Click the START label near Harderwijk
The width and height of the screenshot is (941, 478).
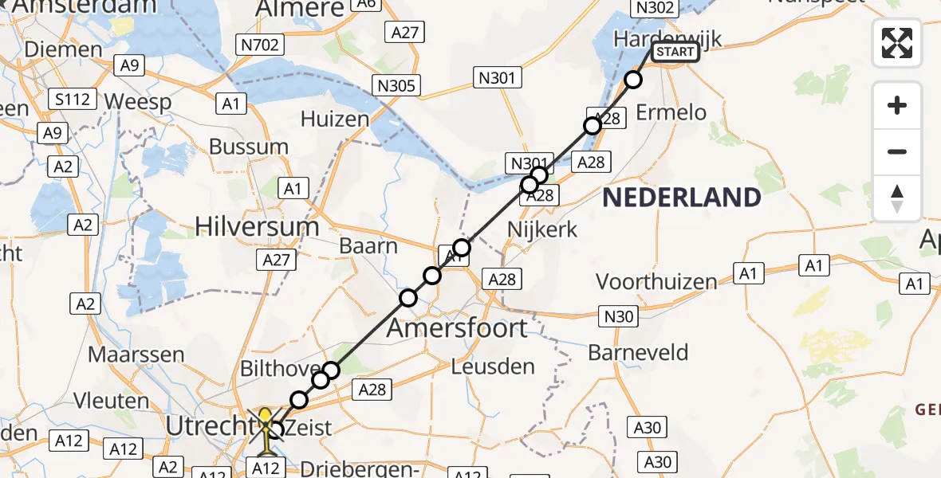tap(675, 53)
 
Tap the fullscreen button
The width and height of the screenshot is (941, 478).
tap(897, 43)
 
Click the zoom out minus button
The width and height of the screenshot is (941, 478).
tap(897, 151)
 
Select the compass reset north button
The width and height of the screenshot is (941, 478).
tap(897, 198)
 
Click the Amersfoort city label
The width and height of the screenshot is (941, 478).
tap(457, 327)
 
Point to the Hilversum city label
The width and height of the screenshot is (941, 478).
tap(257, 227)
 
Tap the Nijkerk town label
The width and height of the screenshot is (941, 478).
tap(542, 230)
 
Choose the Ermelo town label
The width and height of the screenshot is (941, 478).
tap(671, 112)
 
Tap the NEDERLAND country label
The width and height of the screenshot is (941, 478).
tap(681, 197)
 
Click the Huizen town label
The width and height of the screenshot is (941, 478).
tap(334, 119)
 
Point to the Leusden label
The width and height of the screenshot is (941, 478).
tap(493, 367)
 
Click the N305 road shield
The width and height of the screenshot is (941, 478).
tap(396, 85)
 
